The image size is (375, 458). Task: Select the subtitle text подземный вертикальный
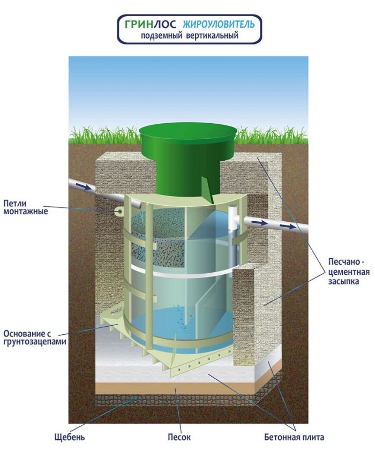[x=190, y=35]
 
